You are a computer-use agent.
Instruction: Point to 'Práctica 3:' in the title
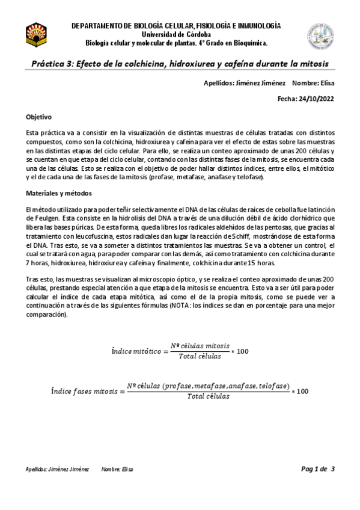click(54, 64)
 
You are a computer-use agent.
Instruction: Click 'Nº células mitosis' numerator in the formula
click(200, 346)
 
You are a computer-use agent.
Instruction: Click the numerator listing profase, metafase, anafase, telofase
click(209, 386)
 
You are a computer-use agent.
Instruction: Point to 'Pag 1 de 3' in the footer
click(317, 469)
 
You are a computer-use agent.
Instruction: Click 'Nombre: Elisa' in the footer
click(117, 469)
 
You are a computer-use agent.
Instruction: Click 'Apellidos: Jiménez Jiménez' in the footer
click(57, 469)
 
